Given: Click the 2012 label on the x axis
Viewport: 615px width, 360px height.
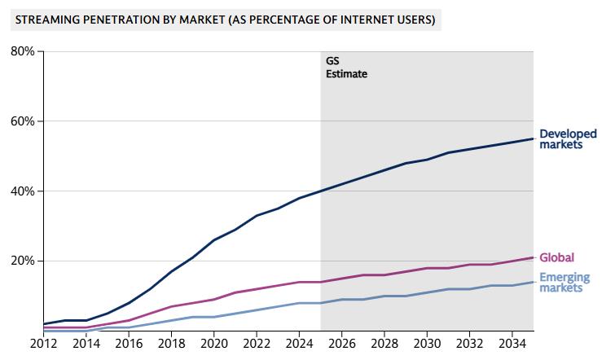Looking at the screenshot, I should (x=45, y=344).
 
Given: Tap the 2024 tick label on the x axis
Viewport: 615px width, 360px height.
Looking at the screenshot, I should (x=299, y=344).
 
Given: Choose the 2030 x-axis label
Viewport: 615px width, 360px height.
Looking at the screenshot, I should (x=427, y=344).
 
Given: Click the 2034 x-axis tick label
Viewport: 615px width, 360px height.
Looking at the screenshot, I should (x=512, y=344).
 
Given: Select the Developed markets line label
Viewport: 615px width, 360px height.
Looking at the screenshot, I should (x=568, y=139).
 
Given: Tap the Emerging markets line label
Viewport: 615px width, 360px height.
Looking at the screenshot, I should (x=564, y=283).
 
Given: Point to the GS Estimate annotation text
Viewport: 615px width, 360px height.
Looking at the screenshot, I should (x=345, y=67).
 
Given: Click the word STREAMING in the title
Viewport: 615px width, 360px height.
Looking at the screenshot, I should (x=46, y=17).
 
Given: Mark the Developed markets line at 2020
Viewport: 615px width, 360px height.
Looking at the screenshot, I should (x=213, y=240).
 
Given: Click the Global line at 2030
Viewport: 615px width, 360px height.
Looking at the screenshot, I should (x=427, y=268).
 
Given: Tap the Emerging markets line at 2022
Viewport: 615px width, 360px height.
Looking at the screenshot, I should (x=257, y=310).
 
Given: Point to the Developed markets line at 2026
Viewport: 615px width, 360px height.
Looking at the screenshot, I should (x=341, y=185).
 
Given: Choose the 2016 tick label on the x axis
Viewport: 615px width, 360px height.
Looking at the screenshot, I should (x=128, y=344).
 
